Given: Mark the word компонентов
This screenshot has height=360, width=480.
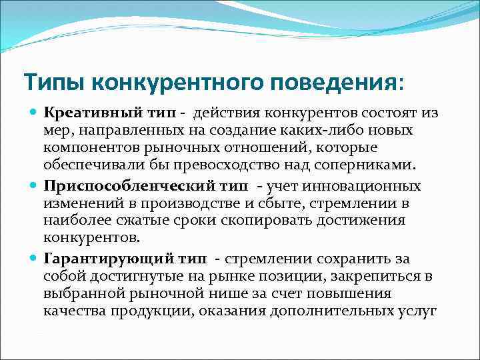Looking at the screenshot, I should tap(86, 147).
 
